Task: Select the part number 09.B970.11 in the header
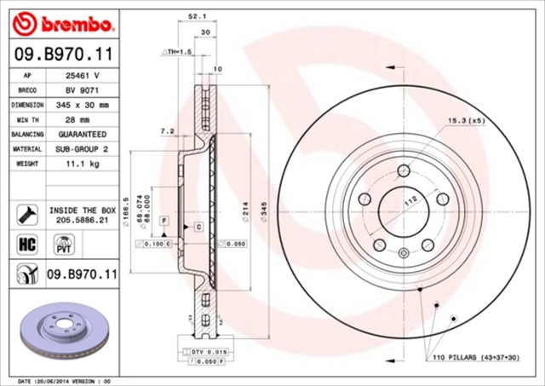(x=60, y=54)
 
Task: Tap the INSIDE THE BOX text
(x=82, y=209)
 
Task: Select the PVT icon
(x=63, y=245)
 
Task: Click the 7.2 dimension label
(x=167, y=131)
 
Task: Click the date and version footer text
(x=65, y=380)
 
